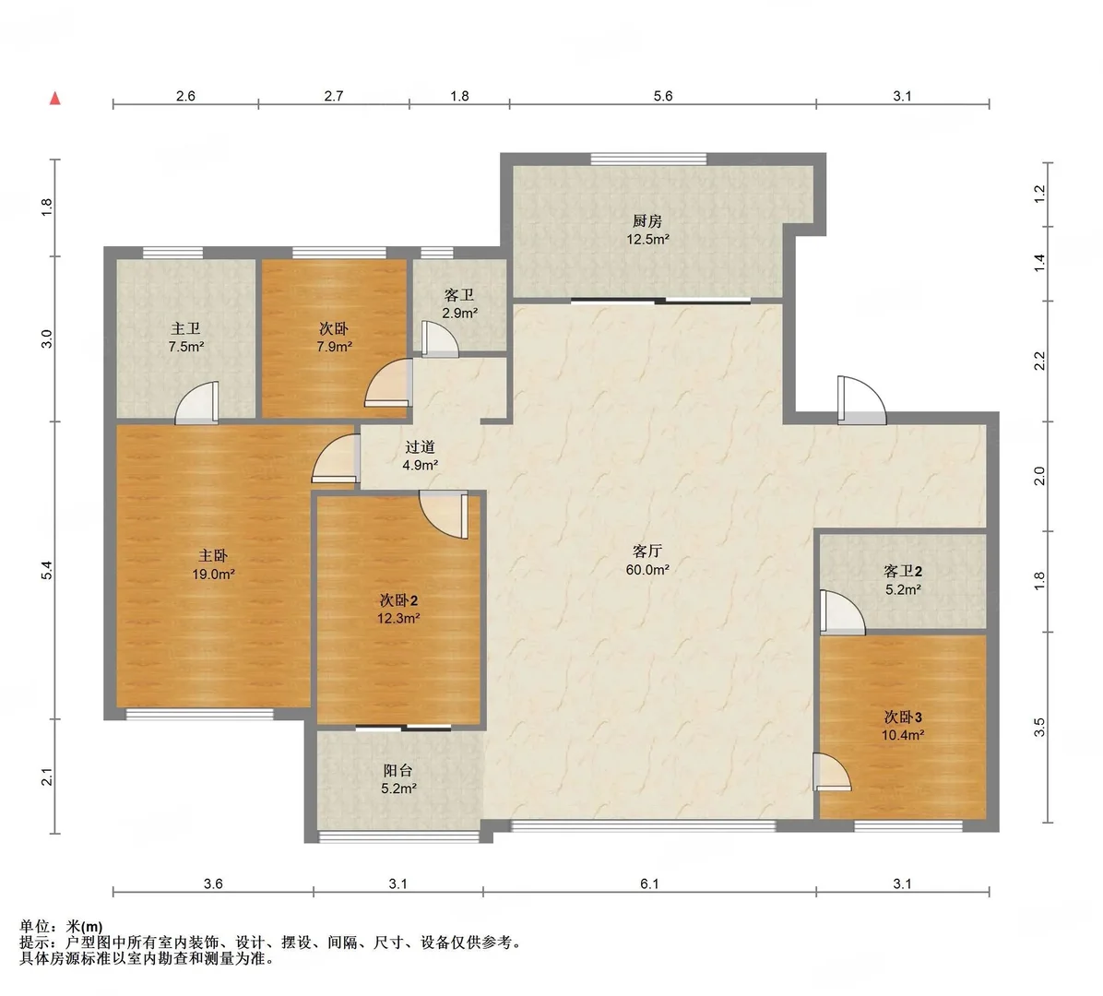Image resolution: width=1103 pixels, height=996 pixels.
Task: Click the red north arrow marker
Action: pos(54,99)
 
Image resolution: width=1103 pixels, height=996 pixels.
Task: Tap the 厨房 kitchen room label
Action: pos(647,220)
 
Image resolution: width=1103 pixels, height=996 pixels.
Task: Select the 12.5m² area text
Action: pos(647,239)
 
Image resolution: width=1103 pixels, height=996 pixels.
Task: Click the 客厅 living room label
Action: pos(647,551)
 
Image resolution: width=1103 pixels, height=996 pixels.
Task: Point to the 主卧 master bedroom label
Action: pos(213,556)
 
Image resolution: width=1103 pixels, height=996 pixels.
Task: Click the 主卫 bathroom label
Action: pos(185,328)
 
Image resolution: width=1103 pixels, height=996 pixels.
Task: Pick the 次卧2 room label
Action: pos(398,600)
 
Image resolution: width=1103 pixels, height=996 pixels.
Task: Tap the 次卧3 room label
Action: pos(903,717)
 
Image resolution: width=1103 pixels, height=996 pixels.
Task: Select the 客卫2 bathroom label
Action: pos(903,571)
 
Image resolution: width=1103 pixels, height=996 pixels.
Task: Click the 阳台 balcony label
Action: pos(398,770)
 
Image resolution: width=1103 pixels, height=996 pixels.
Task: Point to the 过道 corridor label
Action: pos(420,446)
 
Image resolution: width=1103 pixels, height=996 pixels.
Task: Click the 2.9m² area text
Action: pos(460,313)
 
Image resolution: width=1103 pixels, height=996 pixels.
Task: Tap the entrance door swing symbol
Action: pos(861,401)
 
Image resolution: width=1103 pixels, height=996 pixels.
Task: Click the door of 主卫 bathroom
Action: pos(197,403)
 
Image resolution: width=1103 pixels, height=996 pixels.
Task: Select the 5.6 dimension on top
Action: pos(663,96)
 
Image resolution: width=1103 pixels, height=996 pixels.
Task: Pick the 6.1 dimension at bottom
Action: pos(649,883)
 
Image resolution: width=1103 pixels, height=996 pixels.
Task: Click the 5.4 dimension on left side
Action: pos(46,571)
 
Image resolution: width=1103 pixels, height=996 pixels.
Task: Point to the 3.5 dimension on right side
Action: pos(1039,728)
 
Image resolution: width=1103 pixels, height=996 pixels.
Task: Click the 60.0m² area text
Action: pos(647,570)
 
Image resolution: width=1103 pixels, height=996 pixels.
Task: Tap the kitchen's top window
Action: pos(648,159)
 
